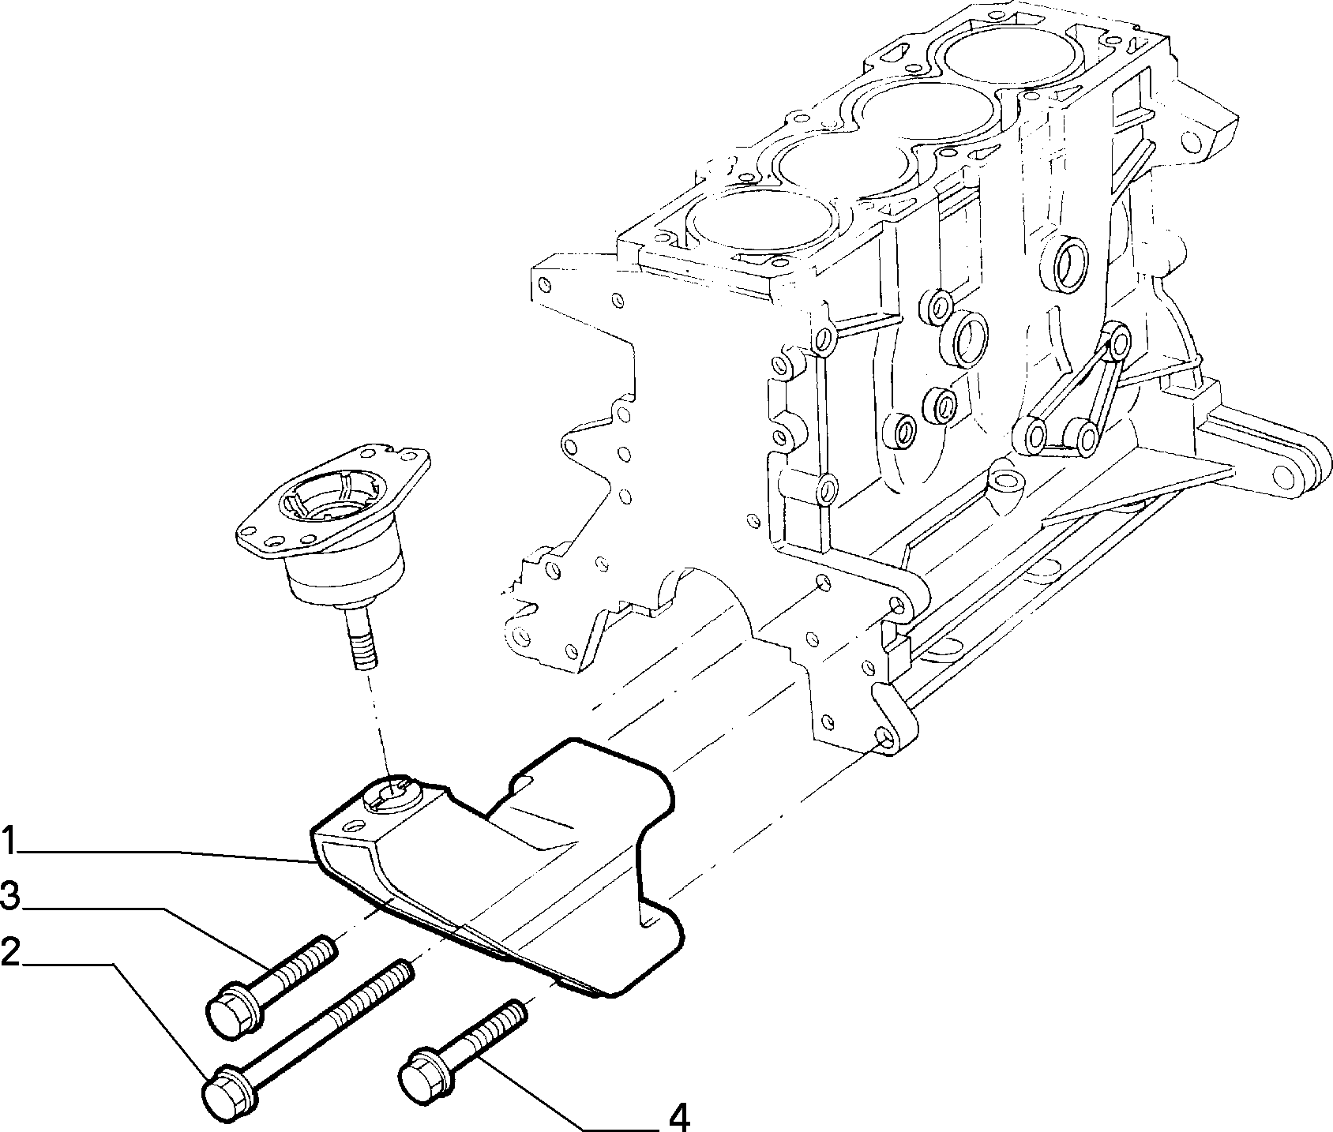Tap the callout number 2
[x=10, y=953]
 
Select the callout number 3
[x=10, y=896]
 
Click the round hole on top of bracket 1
[x=392, y=789]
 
